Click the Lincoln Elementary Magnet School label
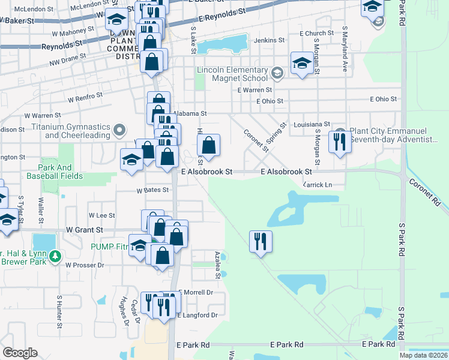coord(233,74)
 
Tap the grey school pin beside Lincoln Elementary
coord(277,74)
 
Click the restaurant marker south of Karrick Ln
coord(261,242)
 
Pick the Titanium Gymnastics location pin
coord(119,130)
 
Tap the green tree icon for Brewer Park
coord(55,256)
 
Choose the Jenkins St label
coord(269,40)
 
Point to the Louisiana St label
coord(312,124)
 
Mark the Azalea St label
coord(217,265)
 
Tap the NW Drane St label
coord(68,58)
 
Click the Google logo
coord(20,353)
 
